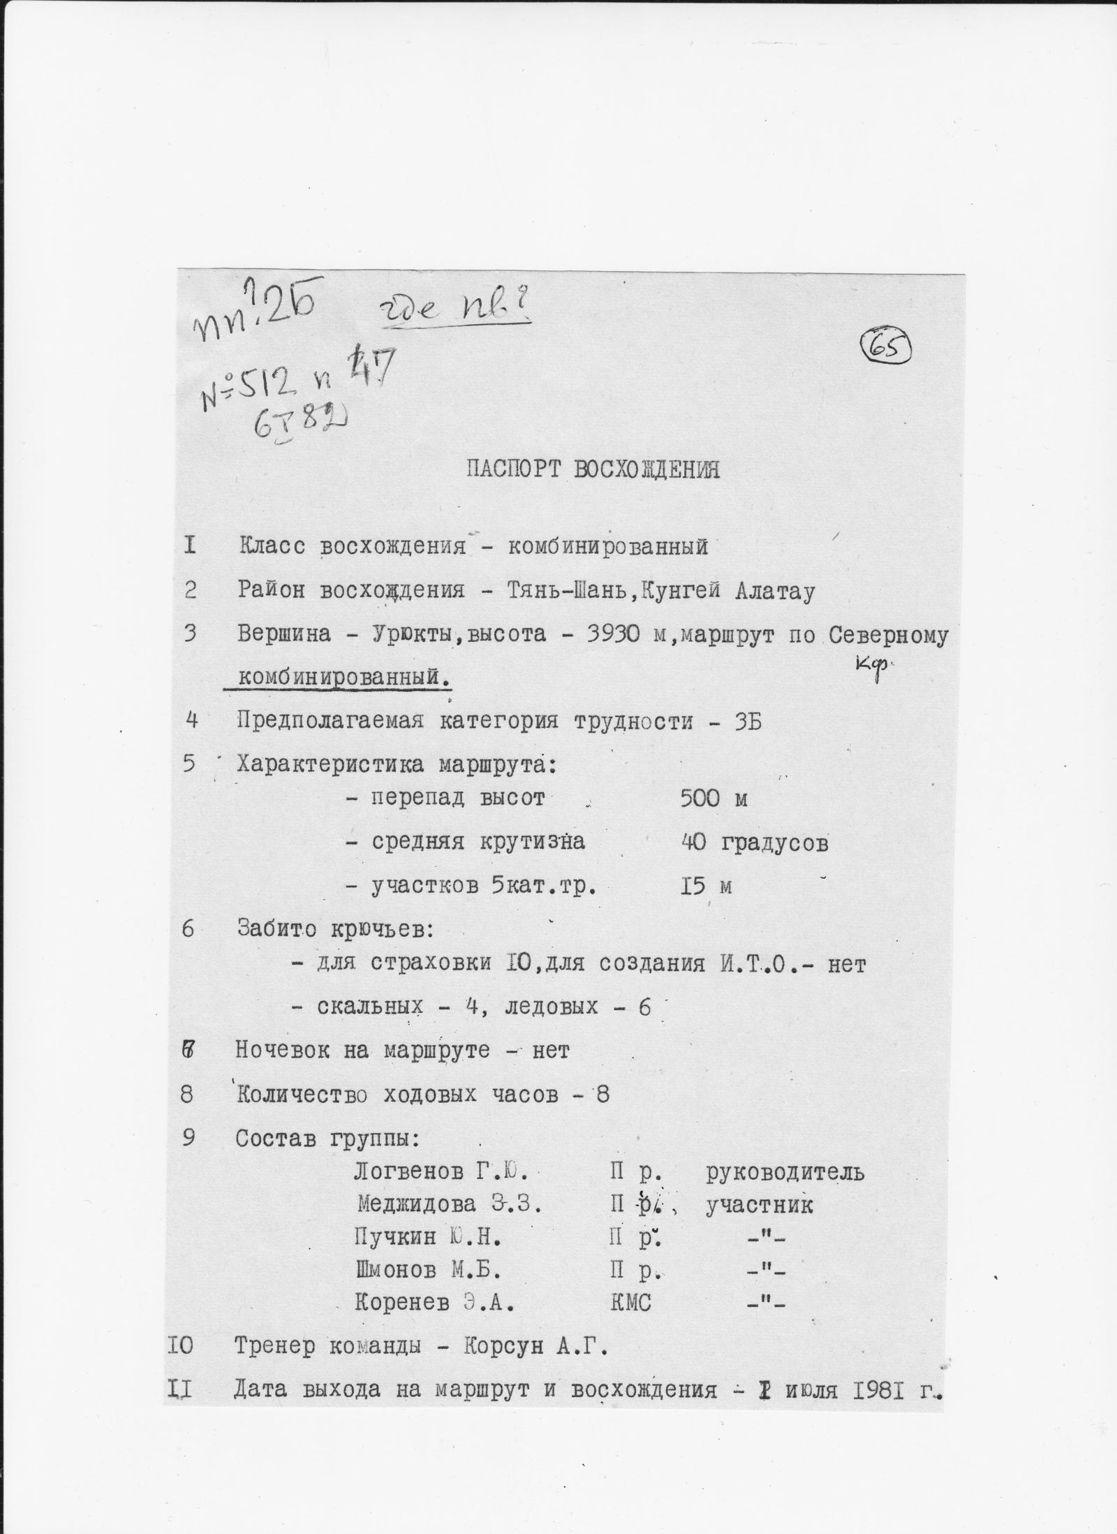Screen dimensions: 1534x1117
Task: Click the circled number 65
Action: point(887,347)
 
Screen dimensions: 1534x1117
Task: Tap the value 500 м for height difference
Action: point(713,798)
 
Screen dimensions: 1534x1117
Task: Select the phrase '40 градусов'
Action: point(754,843)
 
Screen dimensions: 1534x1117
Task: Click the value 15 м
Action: point(705,886)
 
